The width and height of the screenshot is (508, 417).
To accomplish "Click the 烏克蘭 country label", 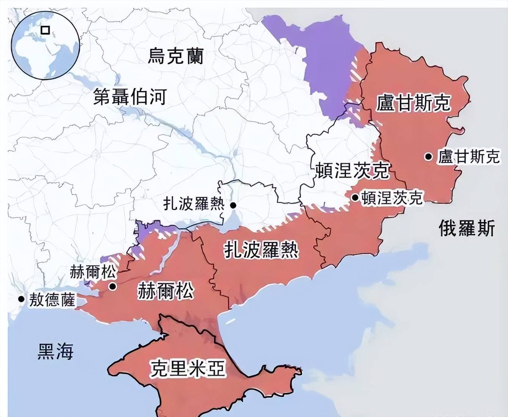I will pyautogui.click(x=175, y=56).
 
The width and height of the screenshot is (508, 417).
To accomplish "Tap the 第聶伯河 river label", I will pyautogui.click(x=130, y=97).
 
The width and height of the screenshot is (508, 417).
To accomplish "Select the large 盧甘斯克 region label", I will pyautogui.click(x=413, y=103).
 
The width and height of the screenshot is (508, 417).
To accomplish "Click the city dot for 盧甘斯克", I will pyautogui.click(x=428, y=156).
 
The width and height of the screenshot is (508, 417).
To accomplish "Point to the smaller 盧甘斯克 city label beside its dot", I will pyautogui.click(x=469, y=156).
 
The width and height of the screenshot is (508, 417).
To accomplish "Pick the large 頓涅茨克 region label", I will pyautogui.click(x=353, y=170).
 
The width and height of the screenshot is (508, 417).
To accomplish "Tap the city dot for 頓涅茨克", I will pyautogui.click(x=355, y=197).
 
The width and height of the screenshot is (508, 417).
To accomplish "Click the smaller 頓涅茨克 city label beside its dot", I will pyautogui.click(x=392, y=198).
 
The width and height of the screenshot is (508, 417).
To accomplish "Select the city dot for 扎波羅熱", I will pyautogui.click(x=233, y=205).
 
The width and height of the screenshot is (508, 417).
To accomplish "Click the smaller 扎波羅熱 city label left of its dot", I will pyautogui.click(x=194, y=204).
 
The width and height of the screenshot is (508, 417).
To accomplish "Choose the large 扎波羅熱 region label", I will pyautogui.click(x=261, y=250).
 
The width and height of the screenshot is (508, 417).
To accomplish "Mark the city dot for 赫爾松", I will pyautogui.click(x=112, y=286).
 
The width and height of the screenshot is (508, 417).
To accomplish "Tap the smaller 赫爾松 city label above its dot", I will pyautogui.click(x=93, y=272).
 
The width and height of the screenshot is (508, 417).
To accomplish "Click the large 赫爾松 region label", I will pyautogui.click(x=166, y=291).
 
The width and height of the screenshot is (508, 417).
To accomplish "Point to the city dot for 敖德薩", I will pyautogui.click(x=21, y=299).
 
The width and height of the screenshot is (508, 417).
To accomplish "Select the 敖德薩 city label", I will pyautogui.click(x=52, y=300).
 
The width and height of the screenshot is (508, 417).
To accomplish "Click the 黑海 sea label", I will pyautogui.click(x=55, y=351).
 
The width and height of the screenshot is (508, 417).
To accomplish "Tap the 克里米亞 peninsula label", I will pyautogui.click(x=187, y=368).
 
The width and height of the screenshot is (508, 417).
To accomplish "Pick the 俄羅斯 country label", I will pyautogui.click(x=467, y=228).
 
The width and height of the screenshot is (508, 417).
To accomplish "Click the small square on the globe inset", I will pyautogui.click(x=45, y=30).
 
